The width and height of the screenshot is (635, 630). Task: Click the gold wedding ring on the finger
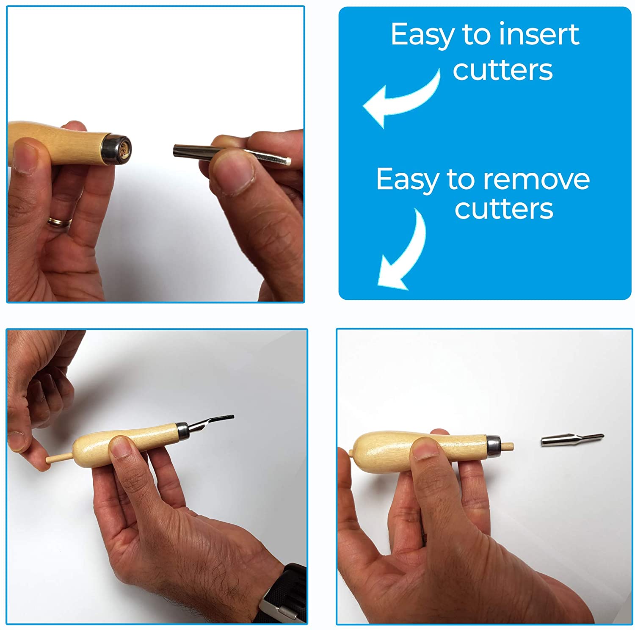[60, 221]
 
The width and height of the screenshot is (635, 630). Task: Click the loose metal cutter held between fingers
[232, 154]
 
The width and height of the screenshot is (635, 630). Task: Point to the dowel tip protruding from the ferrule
[507, 446]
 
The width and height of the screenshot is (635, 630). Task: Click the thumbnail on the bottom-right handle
[425, 449]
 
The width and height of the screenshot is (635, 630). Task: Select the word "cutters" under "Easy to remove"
[504, 209]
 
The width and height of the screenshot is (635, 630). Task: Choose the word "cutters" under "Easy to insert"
[502, 70]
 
